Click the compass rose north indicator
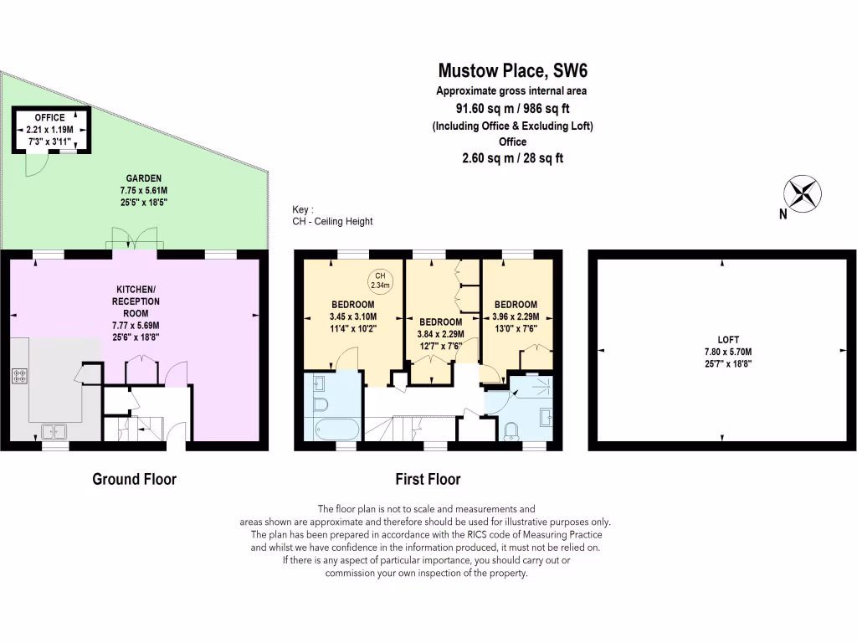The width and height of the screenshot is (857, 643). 803,193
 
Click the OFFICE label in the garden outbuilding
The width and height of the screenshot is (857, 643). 50,118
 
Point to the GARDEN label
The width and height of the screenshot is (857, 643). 144,178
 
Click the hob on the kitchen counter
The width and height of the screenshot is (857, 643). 19,375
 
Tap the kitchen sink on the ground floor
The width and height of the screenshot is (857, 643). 55,431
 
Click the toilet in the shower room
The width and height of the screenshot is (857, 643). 512,430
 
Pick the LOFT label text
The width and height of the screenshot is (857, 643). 722,340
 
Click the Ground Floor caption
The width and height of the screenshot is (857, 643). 134,480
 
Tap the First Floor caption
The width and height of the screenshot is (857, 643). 428,480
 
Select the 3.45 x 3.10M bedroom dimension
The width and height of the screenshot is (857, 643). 352,317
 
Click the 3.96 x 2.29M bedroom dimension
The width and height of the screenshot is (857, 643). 516,317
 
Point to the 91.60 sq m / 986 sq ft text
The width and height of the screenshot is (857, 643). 512,108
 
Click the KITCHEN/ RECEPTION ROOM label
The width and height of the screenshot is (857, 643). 137,301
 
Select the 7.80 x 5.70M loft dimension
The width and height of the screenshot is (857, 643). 722,352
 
